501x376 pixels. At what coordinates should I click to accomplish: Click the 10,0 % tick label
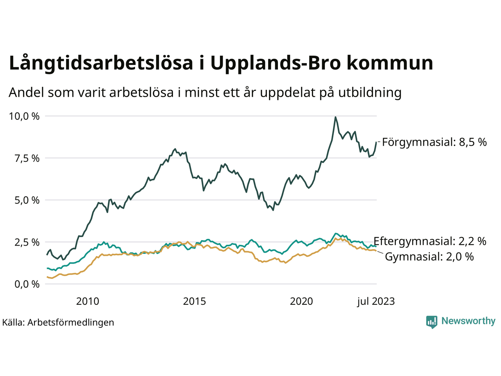[x=24, y=116]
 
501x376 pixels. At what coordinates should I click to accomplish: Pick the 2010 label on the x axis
[x=87, y=301]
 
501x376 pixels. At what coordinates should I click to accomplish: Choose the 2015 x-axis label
[x=195, y=301]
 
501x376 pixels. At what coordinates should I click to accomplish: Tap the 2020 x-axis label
[x=301, y=301]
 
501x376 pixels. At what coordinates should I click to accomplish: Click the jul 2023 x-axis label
[x=376, y=301]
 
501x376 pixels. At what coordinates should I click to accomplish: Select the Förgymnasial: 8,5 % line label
[x=434, y=142]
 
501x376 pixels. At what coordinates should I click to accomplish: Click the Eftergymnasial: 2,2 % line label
[x=430, y=241]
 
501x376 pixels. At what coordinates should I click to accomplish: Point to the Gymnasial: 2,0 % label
[x=429, y=257]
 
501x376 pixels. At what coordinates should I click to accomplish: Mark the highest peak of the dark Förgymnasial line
[x=335, y=117]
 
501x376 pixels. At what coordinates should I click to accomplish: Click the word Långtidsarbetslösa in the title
[x=101, y=63]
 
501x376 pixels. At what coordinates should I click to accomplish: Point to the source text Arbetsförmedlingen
[x=70, y=322]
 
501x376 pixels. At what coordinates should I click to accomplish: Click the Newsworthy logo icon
[x=432, y=322]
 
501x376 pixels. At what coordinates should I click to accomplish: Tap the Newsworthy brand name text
[x=468, y=321]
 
